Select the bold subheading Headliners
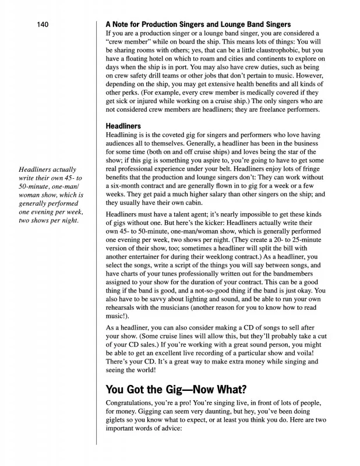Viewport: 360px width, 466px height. [x=124, y=125]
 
